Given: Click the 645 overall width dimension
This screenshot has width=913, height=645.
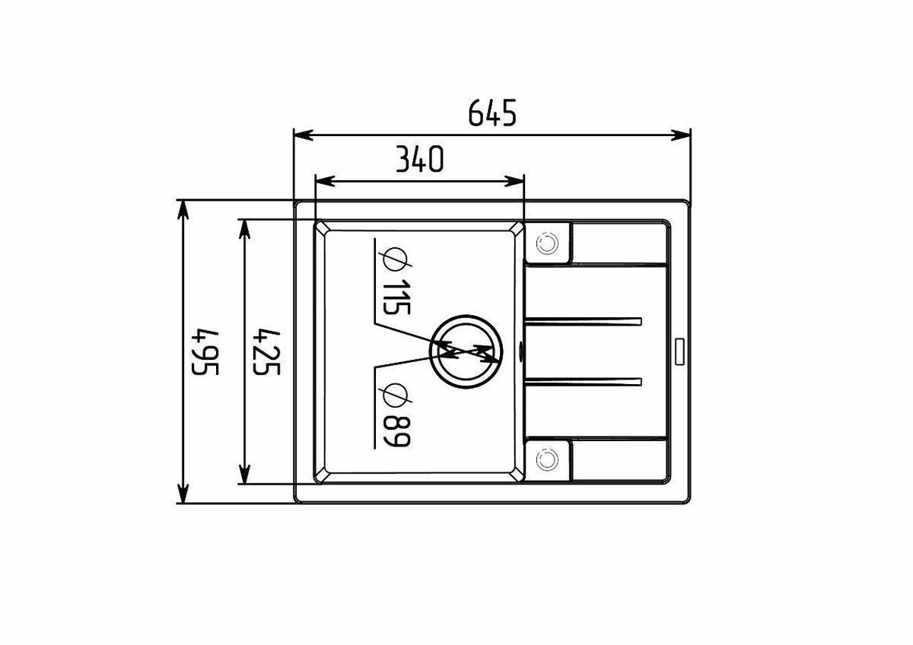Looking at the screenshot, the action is [x=492, y=113].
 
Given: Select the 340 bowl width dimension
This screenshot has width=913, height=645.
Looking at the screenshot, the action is [x=419, y=159].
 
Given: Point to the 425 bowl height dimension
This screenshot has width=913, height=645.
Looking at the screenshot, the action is [x=266, y=352].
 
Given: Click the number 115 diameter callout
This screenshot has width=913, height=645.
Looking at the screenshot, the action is [x=396, y=297].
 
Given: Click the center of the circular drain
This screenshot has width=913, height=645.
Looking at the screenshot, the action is [x=466, y=351].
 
